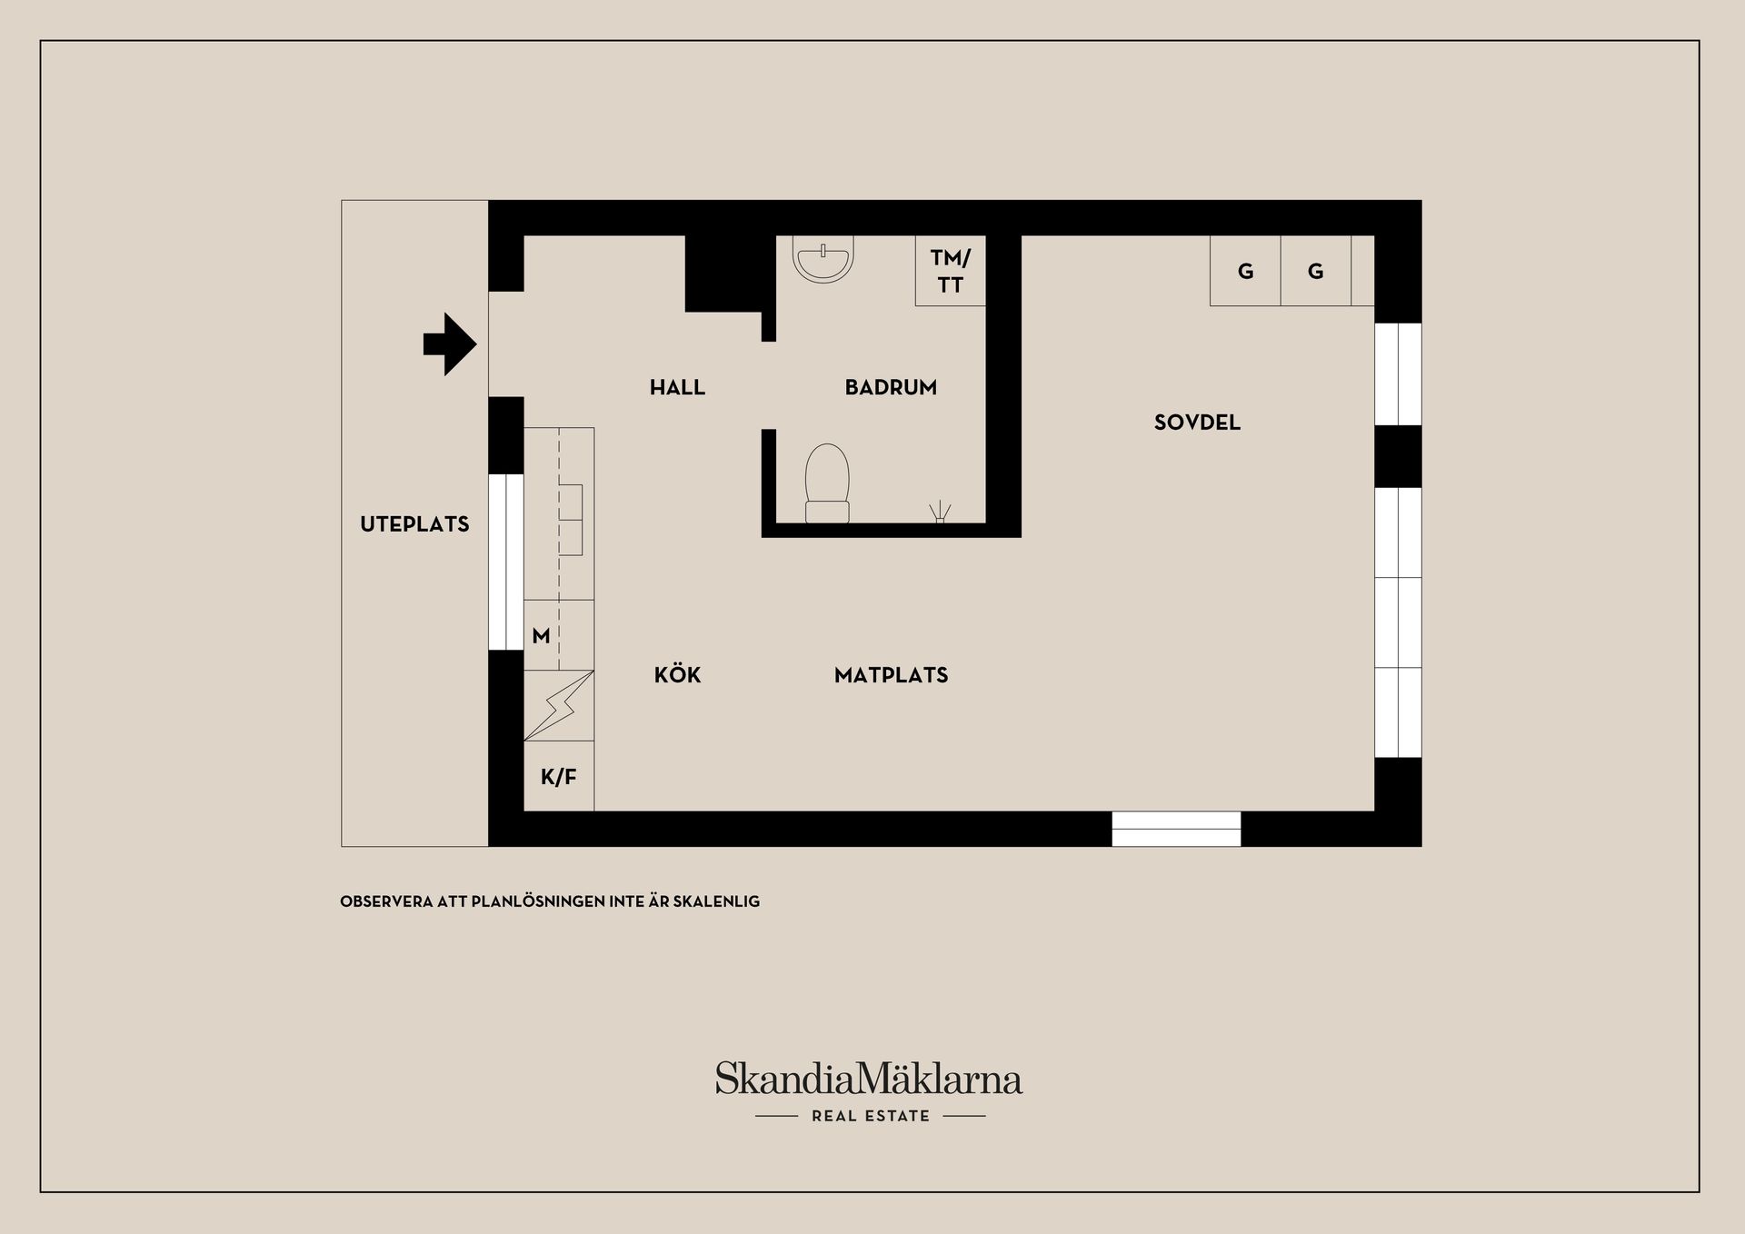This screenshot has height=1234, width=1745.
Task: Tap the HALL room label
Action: coord(677,387)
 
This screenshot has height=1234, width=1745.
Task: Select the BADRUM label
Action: coord(891,387)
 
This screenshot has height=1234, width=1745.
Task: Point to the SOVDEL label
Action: coord(1197,422)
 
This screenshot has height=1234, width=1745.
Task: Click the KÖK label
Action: coord(677,674)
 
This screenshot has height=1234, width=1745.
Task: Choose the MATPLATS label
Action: coord(891,674)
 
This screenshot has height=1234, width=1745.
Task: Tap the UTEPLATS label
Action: coord(414,523)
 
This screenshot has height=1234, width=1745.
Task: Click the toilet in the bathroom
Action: coord(827,483)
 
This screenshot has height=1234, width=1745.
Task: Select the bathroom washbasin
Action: coord(823,259)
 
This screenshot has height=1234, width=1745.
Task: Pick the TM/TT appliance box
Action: coord(950,271)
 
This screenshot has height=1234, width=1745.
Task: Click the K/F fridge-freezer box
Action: coord(559,776)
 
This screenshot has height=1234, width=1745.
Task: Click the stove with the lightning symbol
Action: coord(559,705)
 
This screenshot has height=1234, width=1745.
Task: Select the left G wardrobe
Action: coord(1245,271)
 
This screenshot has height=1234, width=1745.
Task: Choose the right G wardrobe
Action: coord(1315,271)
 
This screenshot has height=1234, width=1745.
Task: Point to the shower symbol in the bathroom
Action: coord(940,513)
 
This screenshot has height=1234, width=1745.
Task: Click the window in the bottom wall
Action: coord(1176,829)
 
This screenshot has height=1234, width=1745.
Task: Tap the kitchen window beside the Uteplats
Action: coord(506,562)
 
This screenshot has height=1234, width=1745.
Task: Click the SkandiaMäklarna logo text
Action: coord(869,1079)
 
